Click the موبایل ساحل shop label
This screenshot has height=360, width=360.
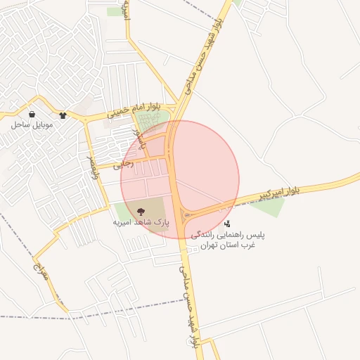pos(27,124)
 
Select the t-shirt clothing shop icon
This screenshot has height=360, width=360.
pos(63,115)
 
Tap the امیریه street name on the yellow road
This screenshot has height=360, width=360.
pos(127,13)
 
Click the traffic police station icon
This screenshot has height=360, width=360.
pos(226,224)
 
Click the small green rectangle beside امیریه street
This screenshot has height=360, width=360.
pos(114,12)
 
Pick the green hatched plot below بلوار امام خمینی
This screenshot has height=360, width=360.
pos(153,122)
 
